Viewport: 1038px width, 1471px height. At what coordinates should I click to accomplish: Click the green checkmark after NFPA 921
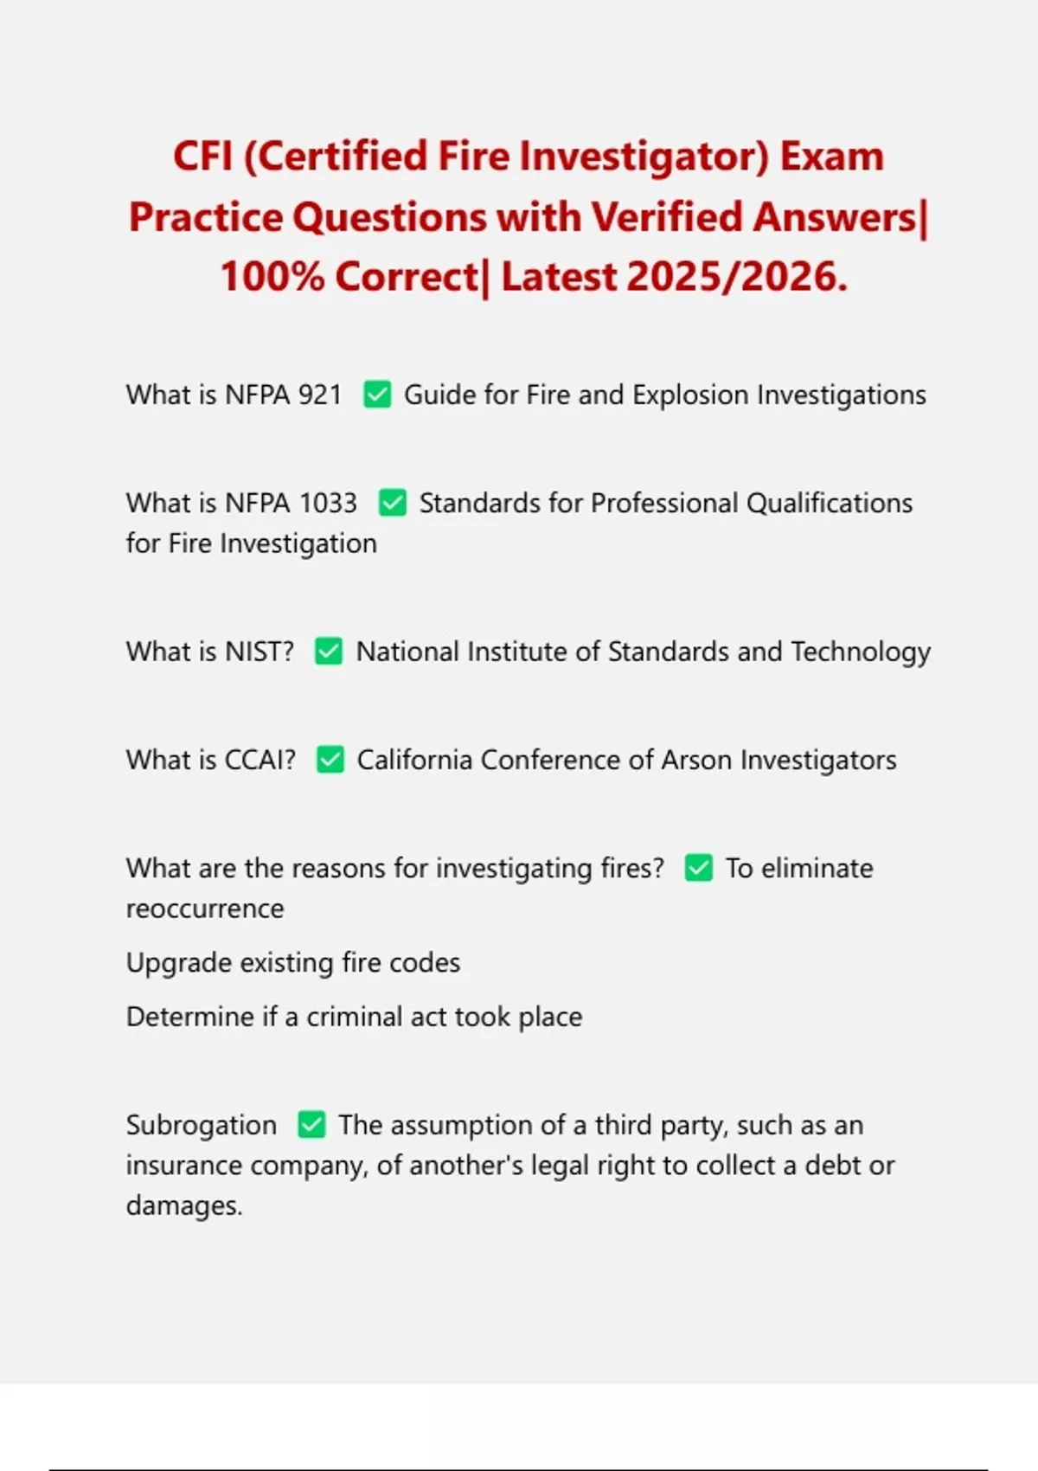point(377,395)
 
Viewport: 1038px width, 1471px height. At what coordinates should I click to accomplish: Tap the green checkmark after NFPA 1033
point(393,503)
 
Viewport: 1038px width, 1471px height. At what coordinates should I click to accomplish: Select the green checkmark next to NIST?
point(329,652)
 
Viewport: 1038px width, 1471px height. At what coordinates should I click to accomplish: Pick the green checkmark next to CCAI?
point(330,760)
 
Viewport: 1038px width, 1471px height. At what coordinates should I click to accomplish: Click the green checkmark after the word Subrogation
point(311,1125)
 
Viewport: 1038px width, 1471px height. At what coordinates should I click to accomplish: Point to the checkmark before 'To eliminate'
point(699,868)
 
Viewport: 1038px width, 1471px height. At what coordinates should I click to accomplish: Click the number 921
point(320,395)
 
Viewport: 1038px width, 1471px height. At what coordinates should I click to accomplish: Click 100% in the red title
point(272,277)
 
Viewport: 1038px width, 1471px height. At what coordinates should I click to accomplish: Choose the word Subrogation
point(201,1125)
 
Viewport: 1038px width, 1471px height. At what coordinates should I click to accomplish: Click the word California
point(415,760)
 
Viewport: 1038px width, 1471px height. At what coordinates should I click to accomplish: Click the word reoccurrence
point(205,909)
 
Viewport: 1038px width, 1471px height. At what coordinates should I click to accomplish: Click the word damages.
point(183,1205)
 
